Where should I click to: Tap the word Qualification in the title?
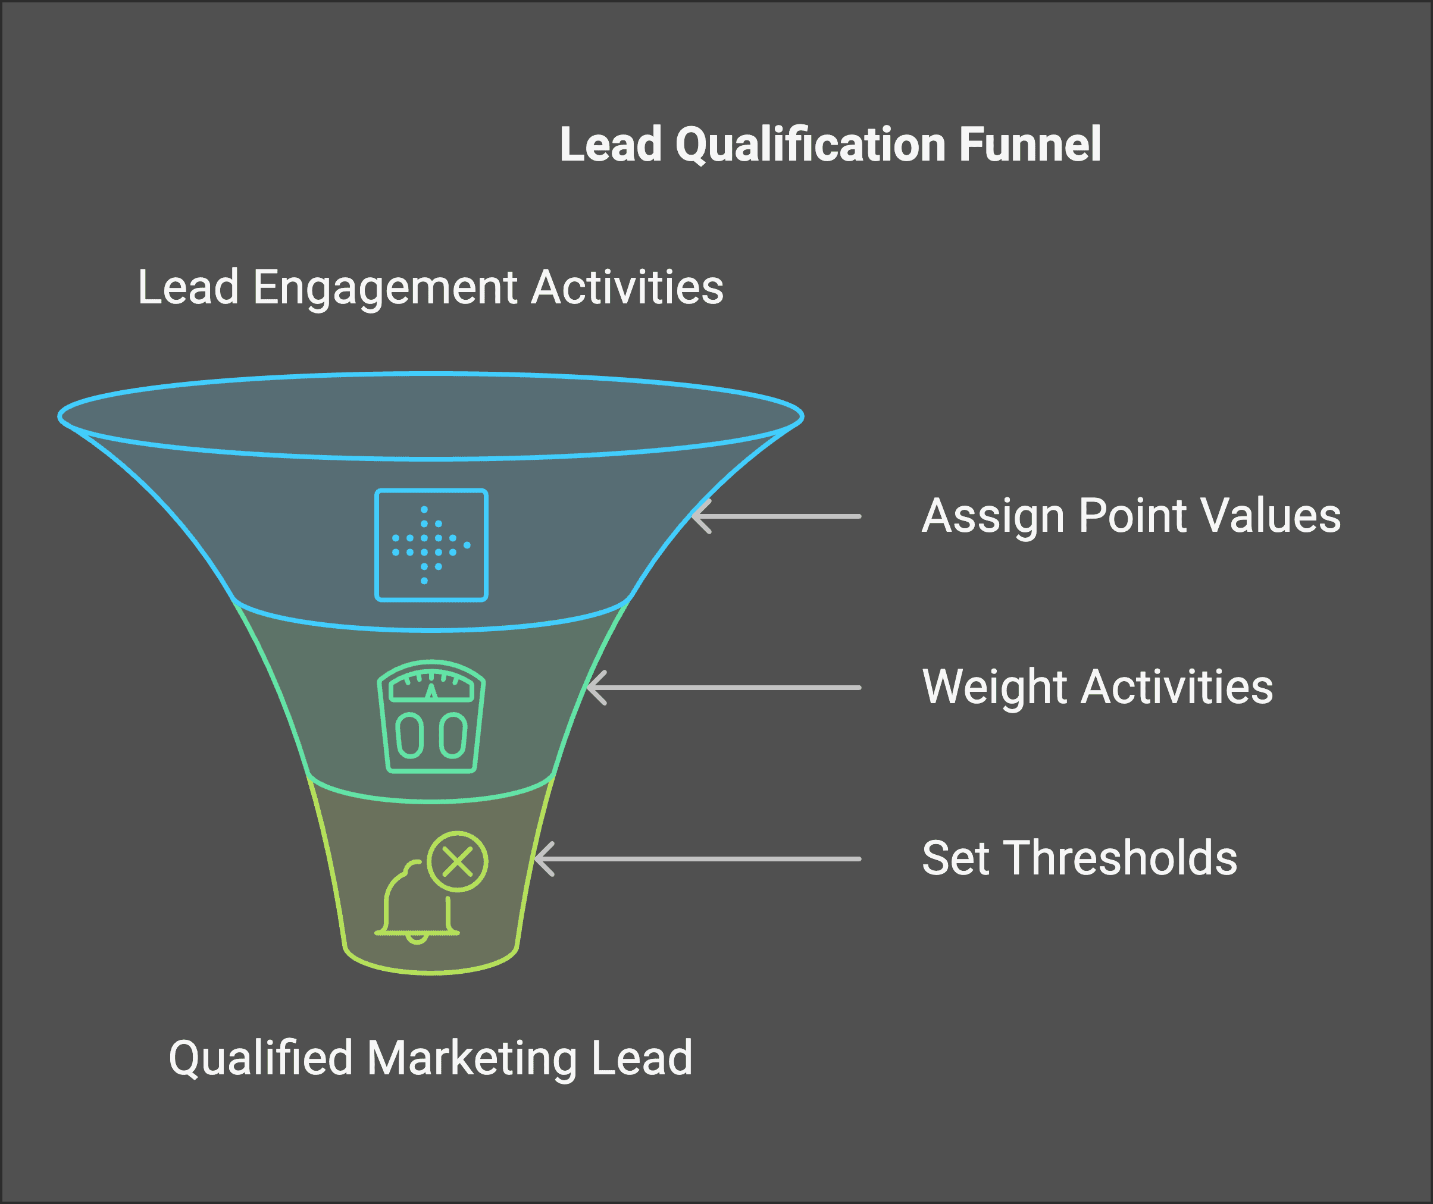[x=811, y=145]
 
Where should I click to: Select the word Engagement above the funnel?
[x=384, y=287]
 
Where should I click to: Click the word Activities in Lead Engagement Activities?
[x=627, y=287]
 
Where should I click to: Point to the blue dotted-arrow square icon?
[x=431, y=545]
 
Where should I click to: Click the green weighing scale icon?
[x=431, y=716]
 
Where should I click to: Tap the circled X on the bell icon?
[x=458, y=861]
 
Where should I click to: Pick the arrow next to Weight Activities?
[x=724, y=687]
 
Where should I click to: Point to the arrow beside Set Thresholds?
[x=697, y=858]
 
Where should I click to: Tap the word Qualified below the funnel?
[x=260, y=1059]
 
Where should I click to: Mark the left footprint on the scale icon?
[x=409, y=736]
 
